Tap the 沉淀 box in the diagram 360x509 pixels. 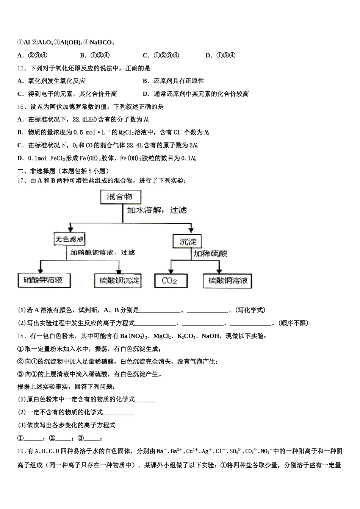pos(188,241)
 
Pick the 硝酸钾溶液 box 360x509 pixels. pos(44,280)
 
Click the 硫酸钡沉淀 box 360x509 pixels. pos(119,281)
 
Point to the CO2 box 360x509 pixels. pos(171,281)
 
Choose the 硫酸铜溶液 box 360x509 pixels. pos(227,281)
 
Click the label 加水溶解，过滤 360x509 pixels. pos(157,210)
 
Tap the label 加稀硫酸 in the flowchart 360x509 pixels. pos(210,254)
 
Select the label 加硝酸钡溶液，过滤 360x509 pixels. pos(102,252)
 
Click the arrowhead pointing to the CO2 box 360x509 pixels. pos(171,271)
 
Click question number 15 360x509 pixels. pos(21,68)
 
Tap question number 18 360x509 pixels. pos(21,336)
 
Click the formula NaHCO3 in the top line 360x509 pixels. pos(102,43)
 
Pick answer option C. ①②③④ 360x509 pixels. pos(161,56)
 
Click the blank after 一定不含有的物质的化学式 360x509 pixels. pos(119,412)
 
